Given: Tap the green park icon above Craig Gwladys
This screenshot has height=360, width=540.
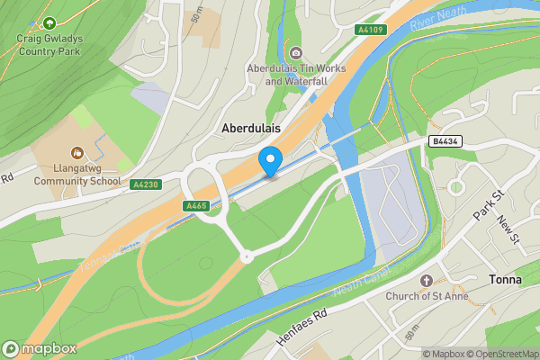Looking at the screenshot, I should click(x=49, y=22).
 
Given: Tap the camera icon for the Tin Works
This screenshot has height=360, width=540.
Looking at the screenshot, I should click(x=295, y=52).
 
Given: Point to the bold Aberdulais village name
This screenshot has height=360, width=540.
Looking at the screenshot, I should click(x=251, y=130).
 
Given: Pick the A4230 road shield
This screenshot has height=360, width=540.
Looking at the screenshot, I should click(x=145, y=184).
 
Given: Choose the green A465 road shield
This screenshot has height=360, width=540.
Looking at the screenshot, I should click(x=197, y=207).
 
